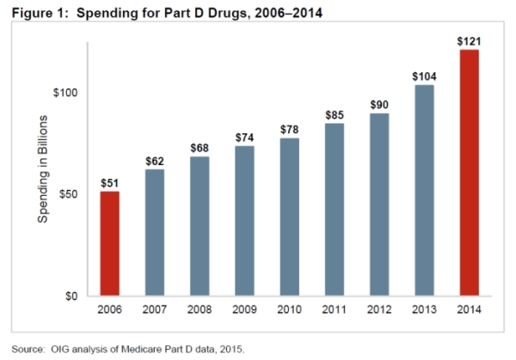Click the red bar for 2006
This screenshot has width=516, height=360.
coord(108,244)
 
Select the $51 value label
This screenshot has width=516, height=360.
coord(108,182)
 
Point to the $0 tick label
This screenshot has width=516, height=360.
coord(78,296)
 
